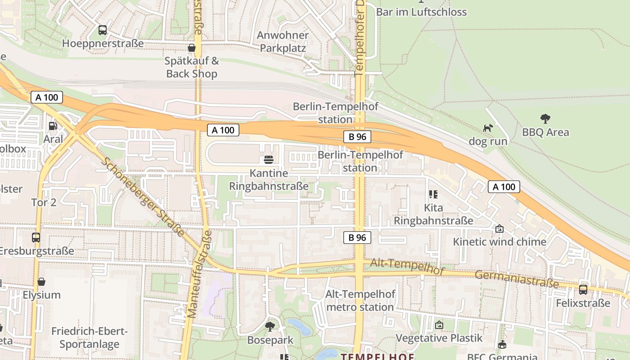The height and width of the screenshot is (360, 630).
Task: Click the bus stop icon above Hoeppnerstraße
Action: tap(103, 30)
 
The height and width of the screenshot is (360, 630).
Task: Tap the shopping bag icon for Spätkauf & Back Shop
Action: tap(192, 48)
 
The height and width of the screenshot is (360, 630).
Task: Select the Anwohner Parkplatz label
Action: tap(283, 41)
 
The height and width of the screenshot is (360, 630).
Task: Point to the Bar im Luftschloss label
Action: tap(421, 12)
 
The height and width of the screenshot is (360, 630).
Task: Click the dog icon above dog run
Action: tap(488, 128)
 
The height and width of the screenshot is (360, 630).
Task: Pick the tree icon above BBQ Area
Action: tap(545, 119)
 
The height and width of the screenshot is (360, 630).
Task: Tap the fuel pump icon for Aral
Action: tap(53, 126)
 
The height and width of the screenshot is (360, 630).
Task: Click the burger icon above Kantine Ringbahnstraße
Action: tap(269, 160)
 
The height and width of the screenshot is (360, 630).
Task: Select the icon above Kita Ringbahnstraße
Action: tap(433, 194)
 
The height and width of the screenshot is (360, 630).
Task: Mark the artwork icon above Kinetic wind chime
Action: tap(499, 229)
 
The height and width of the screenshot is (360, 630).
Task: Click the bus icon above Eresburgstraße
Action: tap(36, 237)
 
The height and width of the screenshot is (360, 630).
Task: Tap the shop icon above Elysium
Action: tap(41, 282)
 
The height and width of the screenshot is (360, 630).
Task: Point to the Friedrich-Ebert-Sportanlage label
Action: tap(89, 338)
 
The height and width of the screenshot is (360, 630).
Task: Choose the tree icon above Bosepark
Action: tap(270, 326)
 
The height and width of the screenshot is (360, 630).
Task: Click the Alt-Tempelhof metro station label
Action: tap(360, 301)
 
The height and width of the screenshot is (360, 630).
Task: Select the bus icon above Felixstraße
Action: tap(583, 289)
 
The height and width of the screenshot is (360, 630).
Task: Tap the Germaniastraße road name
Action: tap(517, 279)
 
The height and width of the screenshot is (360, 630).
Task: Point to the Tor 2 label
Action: tap(44, 202)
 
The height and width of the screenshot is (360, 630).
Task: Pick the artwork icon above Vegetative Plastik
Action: tap(439, 324)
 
